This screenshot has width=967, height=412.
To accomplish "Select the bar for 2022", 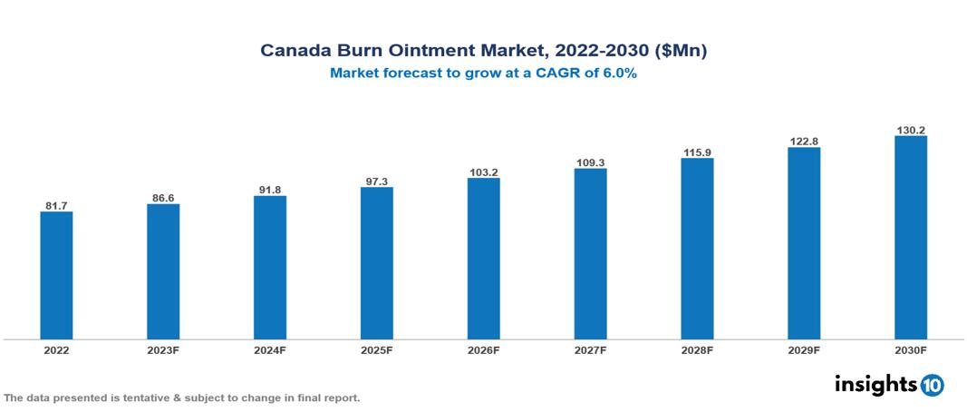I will [56, 276].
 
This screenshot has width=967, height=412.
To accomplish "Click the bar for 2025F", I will [376, 263].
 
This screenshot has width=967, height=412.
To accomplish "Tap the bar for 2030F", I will [910, 238].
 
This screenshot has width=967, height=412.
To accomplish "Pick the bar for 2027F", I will [590, 254].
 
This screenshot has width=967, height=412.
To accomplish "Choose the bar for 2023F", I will [163, 271].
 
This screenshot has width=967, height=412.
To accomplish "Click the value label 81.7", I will [56, 205].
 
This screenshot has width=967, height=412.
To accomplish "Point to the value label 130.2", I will [910, 130].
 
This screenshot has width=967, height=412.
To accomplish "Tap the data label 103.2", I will [483, 172].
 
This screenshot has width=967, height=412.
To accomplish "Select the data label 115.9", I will [697, 152].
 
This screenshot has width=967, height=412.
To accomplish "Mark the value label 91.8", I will [270, 190].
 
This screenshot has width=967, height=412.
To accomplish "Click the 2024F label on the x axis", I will [270, 350].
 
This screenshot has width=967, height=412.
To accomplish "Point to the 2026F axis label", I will [483, 350].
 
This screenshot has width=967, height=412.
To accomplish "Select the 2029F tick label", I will [804, 350].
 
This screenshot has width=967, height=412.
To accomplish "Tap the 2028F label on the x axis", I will [697, 350].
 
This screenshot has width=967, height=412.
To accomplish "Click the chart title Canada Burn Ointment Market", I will [483, 51].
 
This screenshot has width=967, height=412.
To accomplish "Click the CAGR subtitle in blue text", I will [483, 74].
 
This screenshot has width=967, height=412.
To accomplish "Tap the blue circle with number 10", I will [932, 385].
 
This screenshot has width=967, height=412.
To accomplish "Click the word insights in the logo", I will [875, 384].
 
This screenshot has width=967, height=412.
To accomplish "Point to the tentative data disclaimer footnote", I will [182, 398].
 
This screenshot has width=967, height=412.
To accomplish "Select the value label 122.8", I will [804, 141].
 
